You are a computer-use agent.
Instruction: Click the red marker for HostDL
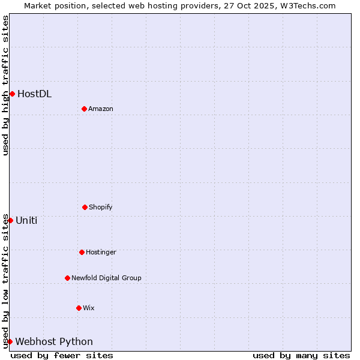click(12, 94)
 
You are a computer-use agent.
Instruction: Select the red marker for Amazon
click(84, 109)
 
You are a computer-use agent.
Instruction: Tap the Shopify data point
click(85, 207)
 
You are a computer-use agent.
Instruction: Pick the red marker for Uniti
click(10, 220)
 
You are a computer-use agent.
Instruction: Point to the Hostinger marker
click(82, 252)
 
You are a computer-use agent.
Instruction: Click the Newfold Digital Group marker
click(67, 278)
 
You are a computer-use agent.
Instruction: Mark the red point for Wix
click(79, 308)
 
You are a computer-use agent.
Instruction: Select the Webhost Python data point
click(10, 341)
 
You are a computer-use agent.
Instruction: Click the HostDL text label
click(34, 94)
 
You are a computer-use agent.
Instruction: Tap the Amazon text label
click(101, 109)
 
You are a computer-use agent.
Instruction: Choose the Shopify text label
click(101, 207)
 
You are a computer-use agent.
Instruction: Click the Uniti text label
click(26, 220)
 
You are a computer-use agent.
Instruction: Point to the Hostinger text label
click(101, 252)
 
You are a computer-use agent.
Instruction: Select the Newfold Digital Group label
click(106, 278)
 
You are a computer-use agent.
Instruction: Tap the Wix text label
click(89, 308)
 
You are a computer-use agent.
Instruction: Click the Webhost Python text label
click(54, 341)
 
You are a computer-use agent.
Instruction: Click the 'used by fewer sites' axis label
click(62, 355)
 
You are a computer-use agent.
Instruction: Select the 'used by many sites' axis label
click(301, 355)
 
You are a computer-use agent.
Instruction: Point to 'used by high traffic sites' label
click(5, 85)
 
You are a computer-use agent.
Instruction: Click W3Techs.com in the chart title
click(305, 5)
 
